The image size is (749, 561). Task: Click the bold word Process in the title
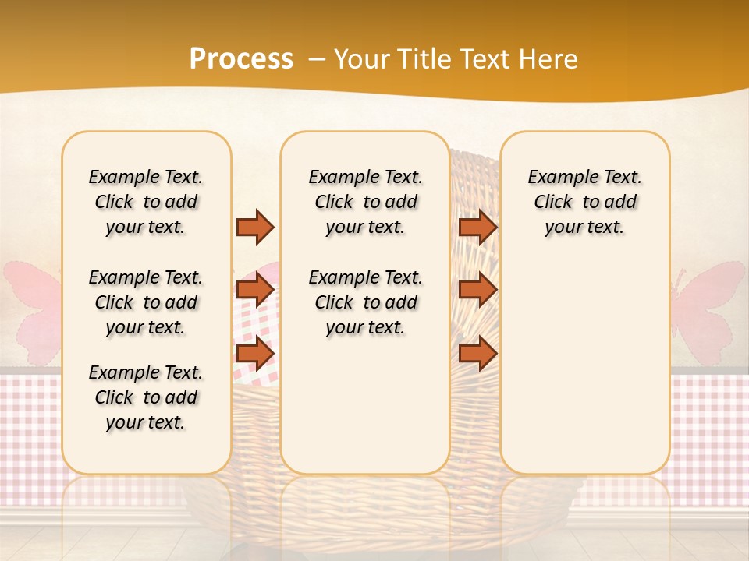(x=241, y=59)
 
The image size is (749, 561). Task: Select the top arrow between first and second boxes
(x=255, y=227)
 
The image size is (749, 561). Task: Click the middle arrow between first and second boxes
(x=255, y=291)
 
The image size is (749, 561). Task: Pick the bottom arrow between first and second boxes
(x=255, y=354)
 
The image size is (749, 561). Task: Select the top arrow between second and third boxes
(x=477, y=227)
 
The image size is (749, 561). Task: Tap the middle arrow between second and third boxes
(x=477, y=291)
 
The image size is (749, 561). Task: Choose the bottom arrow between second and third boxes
(x=477, y=354)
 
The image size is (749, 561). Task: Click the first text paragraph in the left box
(x=146, y=202)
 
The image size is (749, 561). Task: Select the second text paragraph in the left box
(x=146, y=302)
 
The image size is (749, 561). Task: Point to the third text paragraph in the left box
(x=146, y=397)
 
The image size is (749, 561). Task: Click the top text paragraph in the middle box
(x=365, y=202)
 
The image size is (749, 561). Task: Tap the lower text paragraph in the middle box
(x=365, y=302)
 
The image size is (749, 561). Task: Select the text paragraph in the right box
(x=584, y=202)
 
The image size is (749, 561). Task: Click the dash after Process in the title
(x=317, y=59)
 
